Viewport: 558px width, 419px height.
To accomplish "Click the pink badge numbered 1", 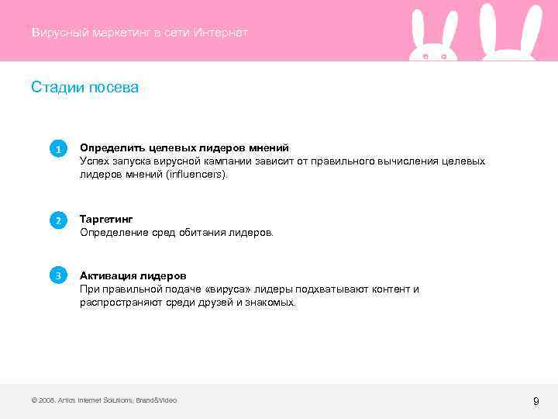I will [57, 148].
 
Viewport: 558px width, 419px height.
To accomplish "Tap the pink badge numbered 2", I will [57, 220].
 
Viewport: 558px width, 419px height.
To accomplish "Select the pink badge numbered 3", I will [57, 275].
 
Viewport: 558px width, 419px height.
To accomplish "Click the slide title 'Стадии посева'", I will [84, 88].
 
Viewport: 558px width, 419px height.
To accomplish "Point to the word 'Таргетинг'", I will [106, 220].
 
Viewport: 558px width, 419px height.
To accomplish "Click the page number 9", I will [536, 401].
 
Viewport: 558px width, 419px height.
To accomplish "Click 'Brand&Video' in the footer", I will [157, 400].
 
